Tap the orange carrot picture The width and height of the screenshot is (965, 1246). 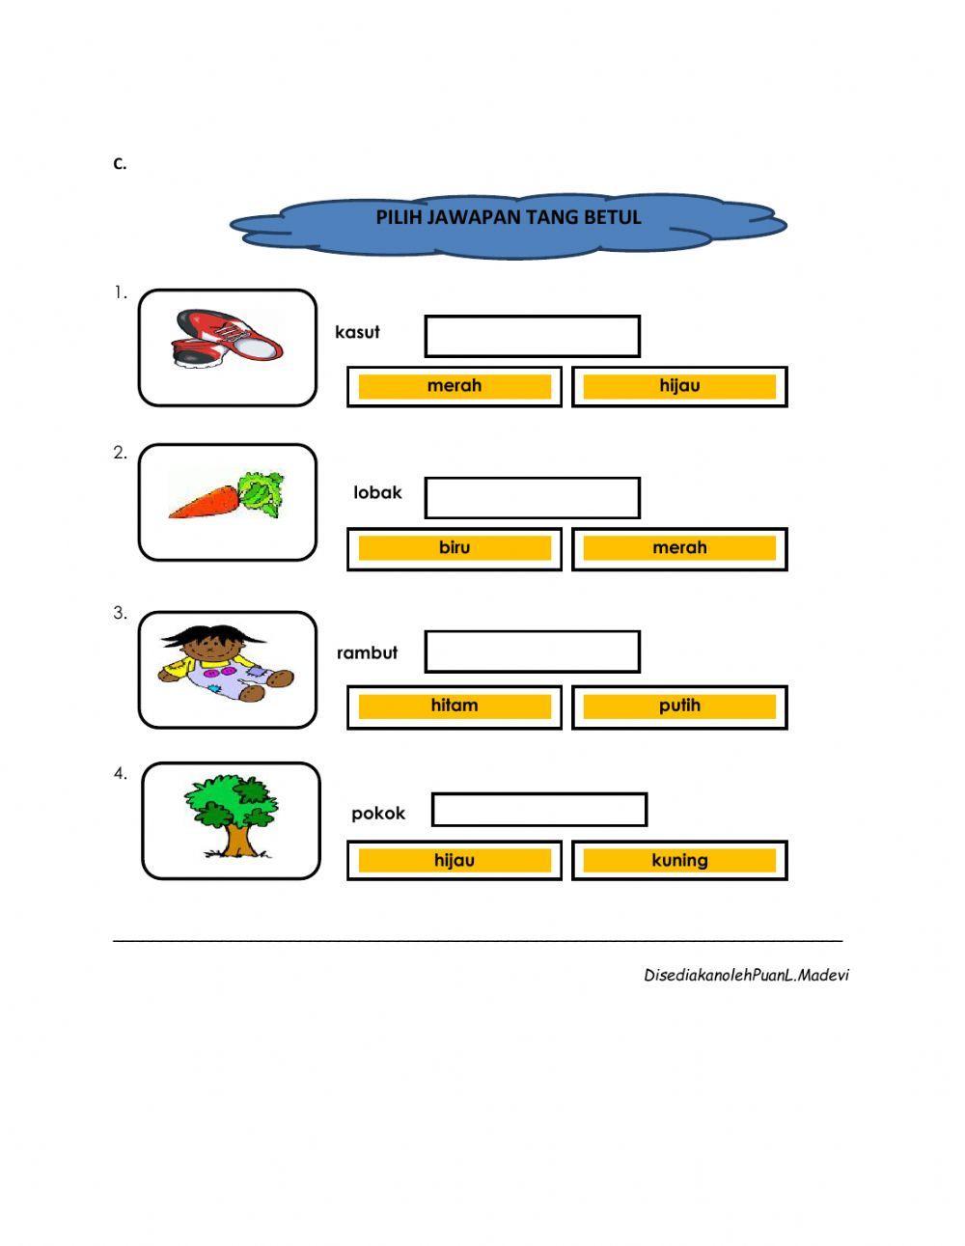click(228, 496)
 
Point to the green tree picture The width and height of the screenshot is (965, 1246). click(231, 816)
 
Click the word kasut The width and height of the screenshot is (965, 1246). click(357, 332)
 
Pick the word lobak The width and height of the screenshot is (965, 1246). click(377, 492)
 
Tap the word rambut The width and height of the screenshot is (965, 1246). click(367, 652)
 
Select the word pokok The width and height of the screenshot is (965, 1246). click(378, 813)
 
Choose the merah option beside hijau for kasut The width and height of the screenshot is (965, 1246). click(455, 386)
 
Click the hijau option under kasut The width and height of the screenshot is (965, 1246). click(679, 386)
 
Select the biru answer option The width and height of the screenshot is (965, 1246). click(455, 548)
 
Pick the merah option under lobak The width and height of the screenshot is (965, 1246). click(679, 548)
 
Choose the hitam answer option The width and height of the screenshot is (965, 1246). click(455, 706)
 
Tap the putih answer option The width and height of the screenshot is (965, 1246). click(679, 706)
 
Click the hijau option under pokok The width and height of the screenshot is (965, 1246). click(455, 860)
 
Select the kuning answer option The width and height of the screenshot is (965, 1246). click(679, 860)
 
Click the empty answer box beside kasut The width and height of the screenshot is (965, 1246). click(533, 336)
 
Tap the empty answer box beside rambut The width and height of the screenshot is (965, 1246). click(533, 651)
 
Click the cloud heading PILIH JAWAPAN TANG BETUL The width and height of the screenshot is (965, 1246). click(509, 217)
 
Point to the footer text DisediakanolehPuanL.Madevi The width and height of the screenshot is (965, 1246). click(746, 975)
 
